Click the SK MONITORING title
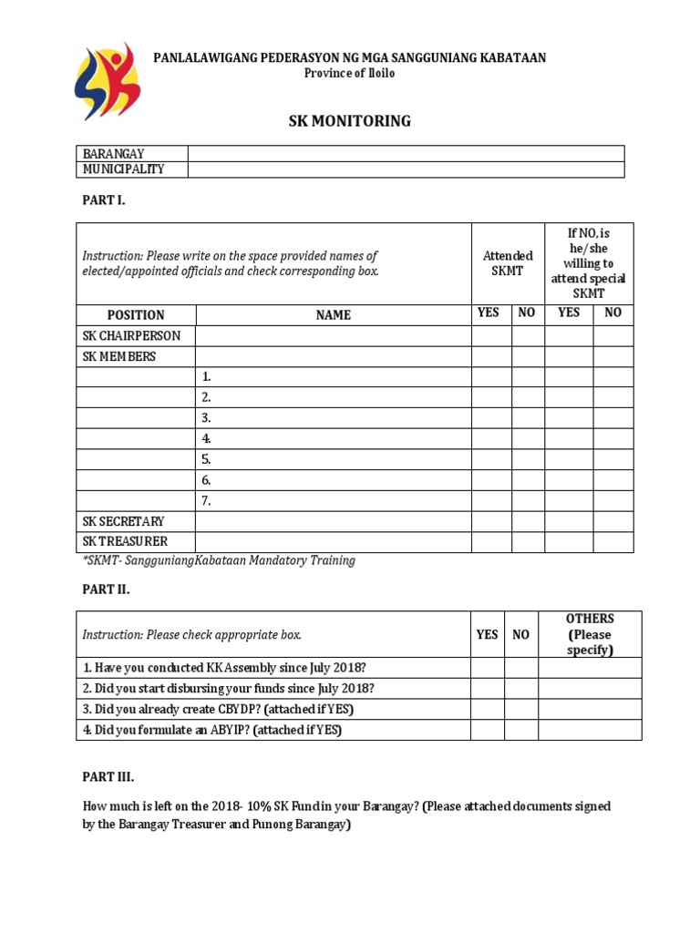point(350,121)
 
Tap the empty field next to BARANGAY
point(406,154)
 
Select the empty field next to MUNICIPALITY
point(406,169)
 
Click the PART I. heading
point(104,200)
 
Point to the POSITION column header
point(136,314)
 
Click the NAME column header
point(333,314)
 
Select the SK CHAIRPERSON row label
point(131,335)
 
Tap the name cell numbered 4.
point(333,438)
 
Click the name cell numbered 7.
point(333,500)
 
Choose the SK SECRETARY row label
point(124,521)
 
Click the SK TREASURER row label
point(125,542)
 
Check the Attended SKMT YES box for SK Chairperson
point(490,335)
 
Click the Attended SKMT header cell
point(508,264)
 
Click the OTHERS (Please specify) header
point(590,634)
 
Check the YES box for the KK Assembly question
point(487,668)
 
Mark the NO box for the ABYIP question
point(520,730)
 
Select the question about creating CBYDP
point(218,709)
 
